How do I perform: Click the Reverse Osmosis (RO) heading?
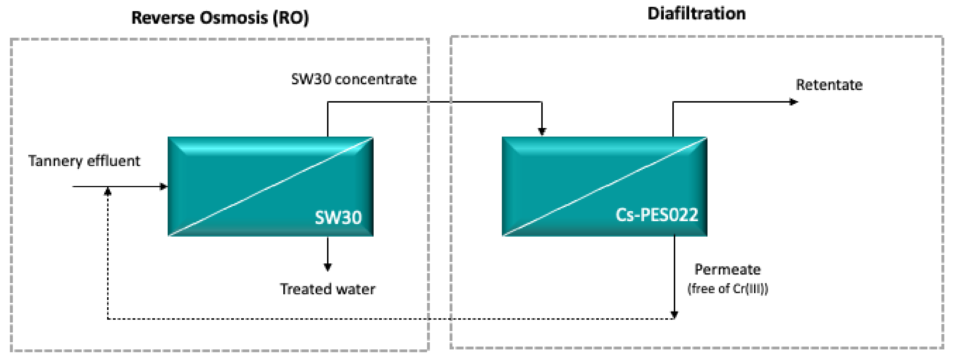point(220,18)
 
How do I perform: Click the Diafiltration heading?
point(696,14)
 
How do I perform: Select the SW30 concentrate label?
point(354,79)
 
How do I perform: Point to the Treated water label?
point(327,289)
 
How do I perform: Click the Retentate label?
point(829,85)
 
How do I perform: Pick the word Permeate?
point(727,269)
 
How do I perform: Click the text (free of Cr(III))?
point(727,289)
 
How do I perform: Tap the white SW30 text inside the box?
point(338,217)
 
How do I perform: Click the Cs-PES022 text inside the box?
point(657,215)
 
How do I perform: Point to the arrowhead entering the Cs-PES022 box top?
point(542,131)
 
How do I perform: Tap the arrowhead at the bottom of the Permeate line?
point(674,315)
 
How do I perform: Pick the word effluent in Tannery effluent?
point(113,161)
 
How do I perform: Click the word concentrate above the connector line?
point(376,79)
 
